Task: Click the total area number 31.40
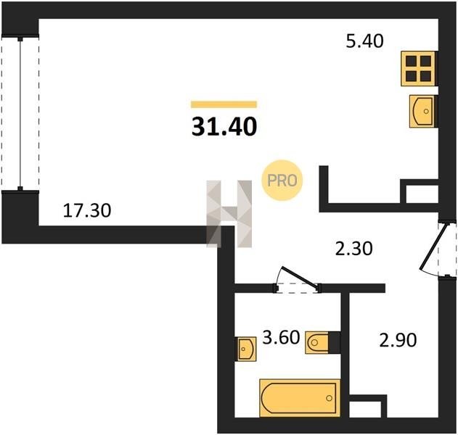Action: (224, 127)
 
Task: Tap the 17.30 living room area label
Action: (87, 210)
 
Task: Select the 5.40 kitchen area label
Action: (364, 41)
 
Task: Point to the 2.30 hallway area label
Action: (353, 249)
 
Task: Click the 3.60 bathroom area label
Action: (281, 337)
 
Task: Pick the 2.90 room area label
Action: (398, 340)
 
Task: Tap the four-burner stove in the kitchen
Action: (418, 69)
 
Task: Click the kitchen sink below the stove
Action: (422, 111)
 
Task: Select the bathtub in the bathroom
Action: (300, 397)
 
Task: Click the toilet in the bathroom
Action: (322, 342)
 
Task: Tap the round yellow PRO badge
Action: (282, 181)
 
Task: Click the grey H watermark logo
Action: (229, 214)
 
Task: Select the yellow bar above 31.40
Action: (224, 104)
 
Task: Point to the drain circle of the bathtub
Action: (330, 398)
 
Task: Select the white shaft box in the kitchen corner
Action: (422, 194)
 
